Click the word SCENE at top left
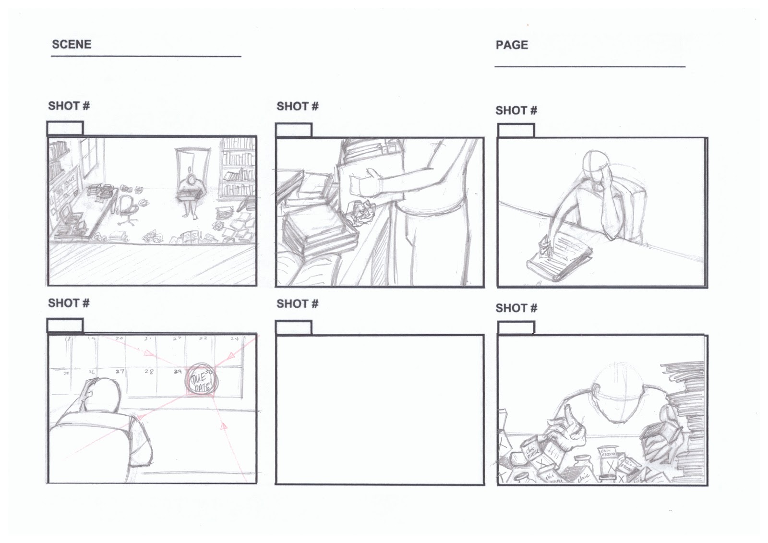pos(72,44)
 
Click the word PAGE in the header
pos(512,45)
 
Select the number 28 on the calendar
pos(149,372)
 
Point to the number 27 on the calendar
pos(120,371)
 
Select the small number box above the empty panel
pos(294,328)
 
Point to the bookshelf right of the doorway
pos(238,168)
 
